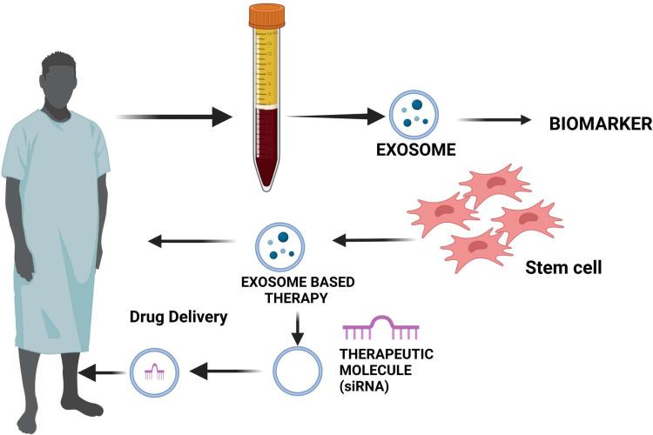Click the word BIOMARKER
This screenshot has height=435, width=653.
600,124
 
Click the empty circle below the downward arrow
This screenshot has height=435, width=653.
295,371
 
